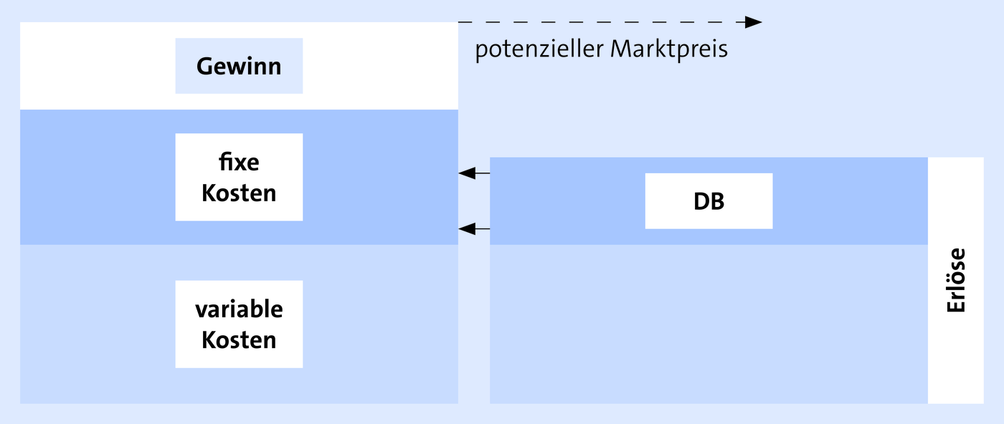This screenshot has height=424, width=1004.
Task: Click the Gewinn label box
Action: click(x=239, y=66)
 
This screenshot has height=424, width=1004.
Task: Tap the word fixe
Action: click(x=239, y=162)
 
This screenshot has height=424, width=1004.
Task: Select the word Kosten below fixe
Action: click(x=239, y=193)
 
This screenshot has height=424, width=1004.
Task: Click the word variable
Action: click(x=239, y=309)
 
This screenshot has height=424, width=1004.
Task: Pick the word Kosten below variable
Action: click(x=239, y=339)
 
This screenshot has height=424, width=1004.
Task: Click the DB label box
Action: click(x=709, y=201)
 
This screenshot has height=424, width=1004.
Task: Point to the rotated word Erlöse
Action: click(x=956, y=280)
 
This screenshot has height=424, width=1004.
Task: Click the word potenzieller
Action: click(x=539, y=49)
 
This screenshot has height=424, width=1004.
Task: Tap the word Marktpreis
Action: click(x=668, y=49)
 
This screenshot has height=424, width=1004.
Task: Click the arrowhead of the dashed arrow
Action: click(x=754, y=22)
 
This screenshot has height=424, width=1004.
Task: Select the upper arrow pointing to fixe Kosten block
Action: click(x=474, y=173)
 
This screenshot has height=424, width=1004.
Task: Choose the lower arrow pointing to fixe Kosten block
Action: click(x=474, y=228)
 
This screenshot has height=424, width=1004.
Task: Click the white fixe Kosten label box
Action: click(x=239, y=177)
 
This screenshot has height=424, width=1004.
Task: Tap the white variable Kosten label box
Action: click(x=239, y=324)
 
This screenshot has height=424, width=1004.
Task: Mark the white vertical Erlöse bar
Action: click(x=955, y=280)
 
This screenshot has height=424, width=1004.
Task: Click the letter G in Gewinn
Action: click(x=205, y=67)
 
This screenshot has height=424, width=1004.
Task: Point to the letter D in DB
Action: click(x=701, y=201)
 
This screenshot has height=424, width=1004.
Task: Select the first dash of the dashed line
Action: click(x=465, y=22)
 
